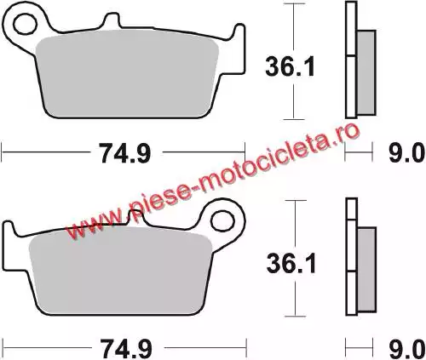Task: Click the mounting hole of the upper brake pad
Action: pyautogui.click(x=26, y=25)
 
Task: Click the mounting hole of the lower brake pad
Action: pyautogui.click(x=222, y=220)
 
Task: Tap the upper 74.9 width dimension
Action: pyautogui.click(x=125, y=153)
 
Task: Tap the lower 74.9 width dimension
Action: pyautogui.click(x=126, y=349)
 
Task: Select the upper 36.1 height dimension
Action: pyautogui.click(x=290, y=66)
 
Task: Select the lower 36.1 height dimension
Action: pyautogui.click(x=291, y=263)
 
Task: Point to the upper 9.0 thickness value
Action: pyautogui.click(x=406, y=153)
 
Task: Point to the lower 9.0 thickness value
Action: pyautogui.click(x=406, y=349)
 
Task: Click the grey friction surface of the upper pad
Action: pyautogui.click(x=128, y=74)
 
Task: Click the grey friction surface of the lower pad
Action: pyautogui.click(x=121, y=272)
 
